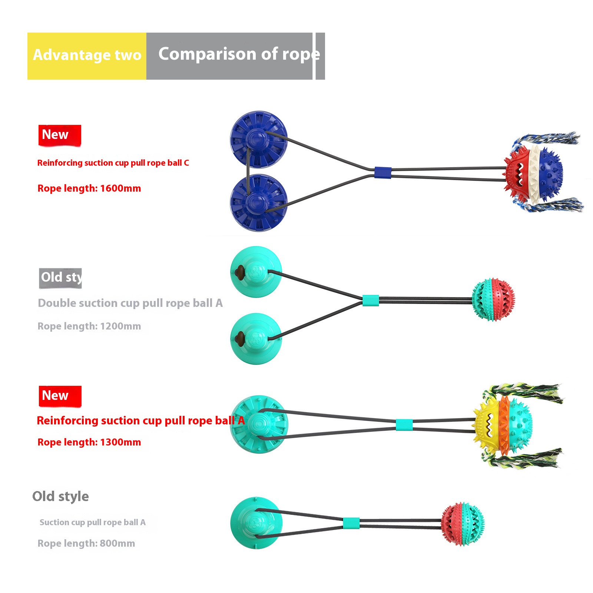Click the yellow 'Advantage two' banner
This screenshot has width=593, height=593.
pyautogui.click(x=87, y=56)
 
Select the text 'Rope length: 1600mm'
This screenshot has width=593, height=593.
pyautogui.click(x=89, y=188)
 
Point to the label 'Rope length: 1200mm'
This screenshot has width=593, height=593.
pyautogui.click(x=89, y=326)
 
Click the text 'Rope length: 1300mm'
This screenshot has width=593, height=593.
pyautogui.click(x=89, y=442)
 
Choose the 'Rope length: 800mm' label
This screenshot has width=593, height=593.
pyautogui.click(x=86, y=543)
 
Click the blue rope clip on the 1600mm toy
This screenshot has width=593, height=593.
pyautogui.click(x=382, y=173)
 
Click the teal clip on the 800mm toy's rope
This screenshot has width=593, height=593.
pyautogui.click(x=351, y=523)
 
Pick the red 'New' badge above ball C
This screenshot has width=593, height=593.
pyautogui.click(x=59, y=135)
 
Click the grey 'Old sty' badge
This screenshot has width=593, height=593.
pyautogui.click(x=60, y=278)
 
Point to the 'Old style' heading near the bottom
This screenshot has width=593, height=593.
pyautogui.click(x=60, y=496)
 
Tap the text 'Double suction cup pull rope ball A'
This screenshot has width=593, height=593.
pyautogui.click(x=130, y=303)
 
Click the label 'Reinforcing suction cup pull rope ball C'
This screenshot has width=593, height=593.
pyautogui.click(x=113, y=163)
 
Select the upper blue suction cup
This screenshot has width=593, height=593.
pyautogui.click(x=258, y=139)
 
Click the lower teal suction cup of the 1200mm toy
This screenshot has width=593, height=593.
pyautogui.click(x=256, y=339)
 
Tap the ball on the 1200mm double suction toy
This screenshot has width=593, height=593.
pyautogui.click(x=493, y=299)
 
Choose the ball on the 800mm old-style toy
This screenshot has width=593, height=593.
pyautogui.click(x=463, y=524)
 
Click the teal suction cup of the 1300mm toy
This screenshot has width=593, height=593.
pyautogui.click(x=258, y=424)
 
